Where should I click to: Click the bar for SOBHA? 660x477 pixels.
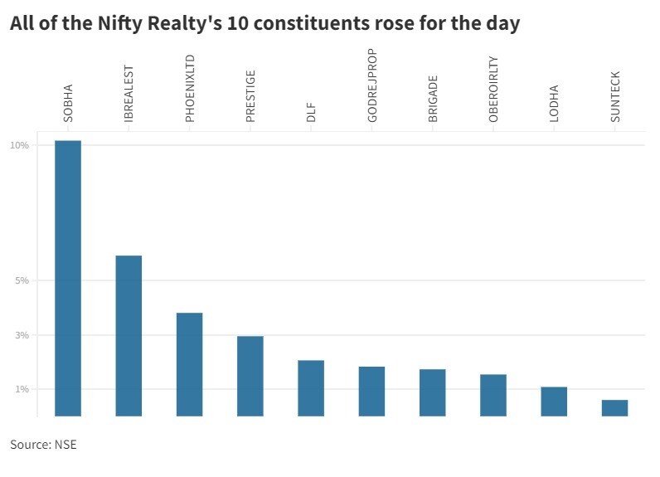coord(68,278)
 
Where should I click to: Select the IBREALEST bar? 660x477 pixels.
coord(129,335)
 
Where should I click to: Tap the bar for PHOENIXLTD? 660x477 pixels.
coord(189,363)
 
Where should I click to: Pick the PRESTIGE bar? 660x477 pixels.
coord(250,375)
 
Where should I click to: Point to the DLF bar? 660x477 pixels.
coord(311,387)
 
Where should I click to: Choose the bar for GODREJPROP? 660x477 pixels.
coord(371,391)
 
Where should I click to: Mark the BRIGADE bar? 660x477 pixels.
coord(433,392)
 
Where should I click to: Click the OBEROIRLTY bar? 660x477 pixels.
coord(493,395)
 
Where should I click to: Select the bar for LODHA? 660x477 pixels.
coord(554,401)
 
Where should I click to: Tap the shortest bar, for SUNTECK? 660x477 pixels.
coord(614,407)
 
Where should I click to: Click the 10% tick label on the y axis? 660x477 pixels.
coord(19,145)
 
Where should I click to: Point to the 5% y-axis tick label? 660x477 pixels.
coord(22,280)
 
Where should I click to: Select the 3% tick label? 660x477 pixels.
coord(22,335)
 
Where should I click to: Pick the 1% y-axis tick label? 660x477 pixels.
coord(22,389)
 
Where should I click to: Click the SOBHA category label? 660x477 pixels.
coord(68,103)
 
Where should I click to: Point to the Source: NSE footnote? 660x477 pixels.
coord(43,445)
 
